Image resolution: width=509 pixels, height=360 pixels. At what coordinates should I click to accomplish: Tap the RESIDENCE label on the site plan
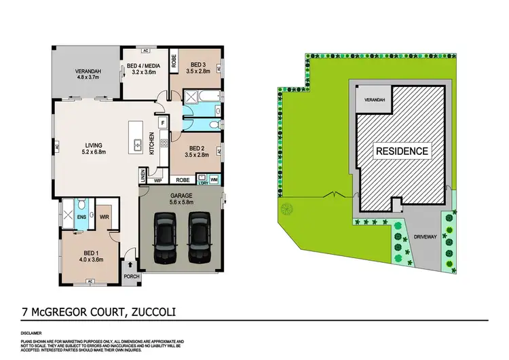tap(402, 151)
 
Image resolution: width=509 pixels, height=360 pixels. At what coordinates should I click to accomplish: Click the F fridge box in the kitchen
tap(164, 124)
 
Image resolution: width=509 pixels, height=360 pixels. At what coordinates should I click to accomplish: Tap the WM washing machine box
tap(214, 181)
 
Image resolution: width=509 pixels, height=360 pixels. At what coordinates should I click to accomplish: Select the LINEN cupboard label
tap(142, 175)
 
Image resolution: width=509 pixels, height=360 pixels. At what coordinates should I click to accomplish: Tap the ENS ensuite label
tap(82, 217)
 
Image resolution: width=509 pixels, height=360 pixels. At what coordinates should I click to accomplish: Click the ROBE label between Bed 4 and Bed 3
tap(174, 60)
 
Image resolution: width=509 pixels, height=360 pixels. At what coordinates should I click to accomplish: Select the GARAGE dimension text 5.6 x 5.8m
tap(181, 202)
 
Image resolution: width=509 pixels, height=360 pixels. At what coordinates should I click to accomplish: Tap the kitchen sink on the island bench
tap(138, 144)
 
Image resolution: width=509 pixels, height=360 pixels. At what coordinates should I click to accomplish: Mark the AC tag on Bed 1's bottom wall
tap(90, 281)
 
